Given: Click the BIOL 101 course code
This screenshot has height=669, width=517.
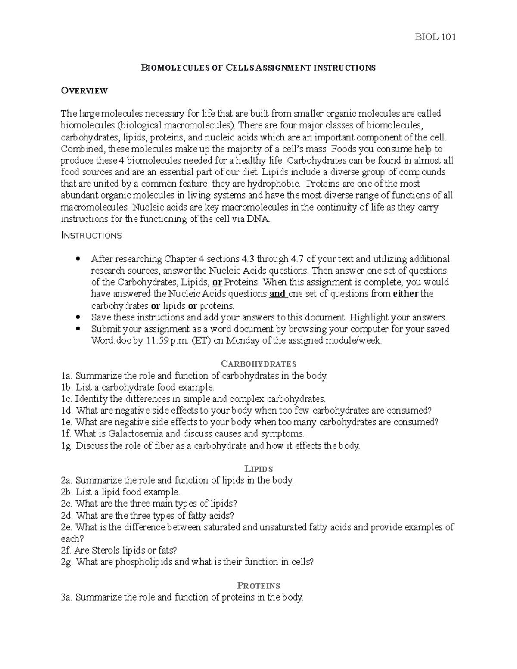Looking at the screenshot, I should pos(435,37).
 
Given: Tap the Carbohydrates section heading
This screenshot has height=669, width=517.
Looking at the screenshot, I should pos(258,364).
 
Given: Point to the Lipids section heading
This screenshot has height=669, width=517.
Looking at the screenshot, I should pos(258,469).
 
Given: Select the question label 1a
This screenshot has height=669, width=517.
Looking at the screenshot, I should pos(67,376).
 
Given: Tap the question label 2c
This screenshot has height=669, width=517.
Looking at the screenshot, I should pos(67,504).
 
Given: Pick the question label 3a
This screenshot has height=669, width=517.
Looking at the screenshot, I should pos(67,597).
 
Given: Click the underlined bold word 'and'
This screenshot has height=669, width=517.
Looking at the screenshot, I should pos(277,294).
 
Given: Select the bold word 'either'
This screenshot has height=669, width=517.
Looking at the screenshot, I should pos(406,294).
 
